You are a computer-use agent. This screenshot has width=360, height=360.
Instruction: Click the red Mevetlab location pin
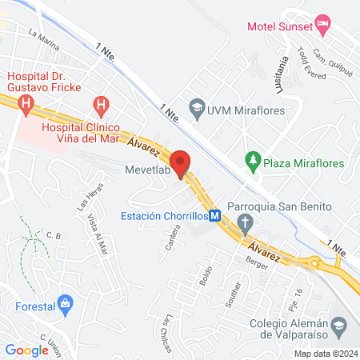[x=182, y=162]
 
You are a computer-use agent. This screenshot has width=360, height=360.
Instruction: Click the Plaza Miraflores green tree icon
[x=254, y=162]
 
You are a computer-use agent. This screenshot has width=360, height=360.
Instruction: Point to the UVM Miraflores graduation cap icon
[x=196, y=106]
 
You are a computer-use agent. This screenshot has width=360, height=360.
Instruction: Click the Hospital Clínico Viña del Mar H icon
[x=100, y=104]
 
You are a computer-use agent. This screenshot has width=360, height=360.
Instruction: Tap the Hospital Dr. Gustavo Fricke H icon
[x=26, y=103]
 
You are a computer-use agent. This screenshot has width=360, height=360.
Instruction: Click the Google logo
[x=27, y=350]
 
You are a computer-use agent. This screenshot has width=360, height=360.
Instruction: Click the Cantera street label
[x=174, y=237]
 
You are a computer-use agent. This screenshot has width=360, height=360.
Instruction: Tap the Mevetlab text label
[x=148, y=169]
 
